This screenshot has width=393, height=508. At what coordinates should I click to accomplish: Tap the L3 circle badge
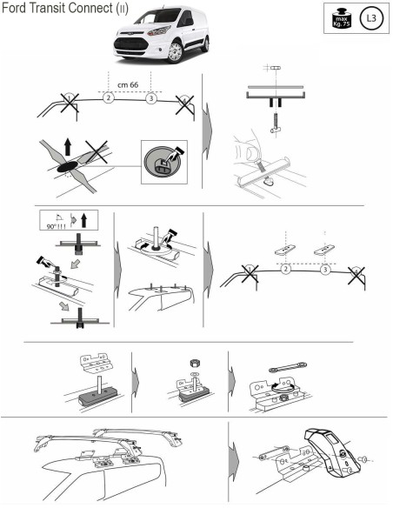(x=371, y=18)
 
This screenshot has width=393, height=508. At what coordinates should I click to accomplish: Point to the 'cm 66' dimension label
(x=129, y=84)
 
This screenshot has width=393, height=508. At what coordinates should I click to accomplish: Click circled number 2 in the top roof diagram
(x=108, y=99)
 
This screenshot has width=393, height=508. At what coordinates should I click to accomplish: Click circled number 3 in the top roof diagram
(x=152, y=99)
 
